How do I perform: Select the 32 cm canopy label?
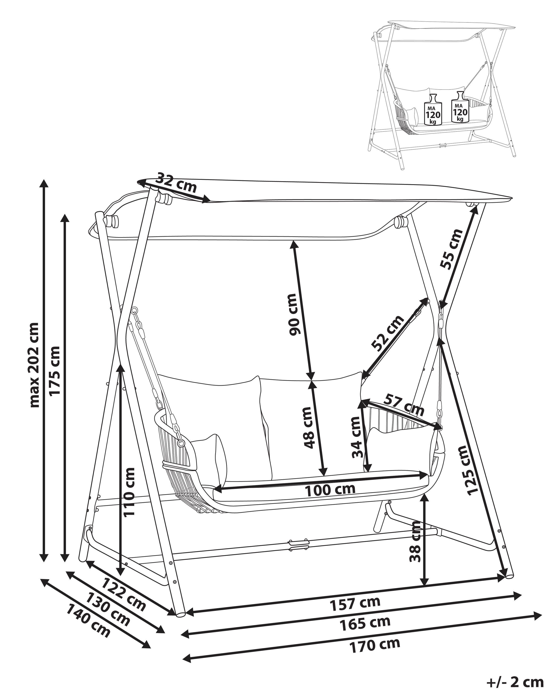(176, 184)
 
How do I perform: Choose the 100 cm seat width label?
(330, 497)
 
